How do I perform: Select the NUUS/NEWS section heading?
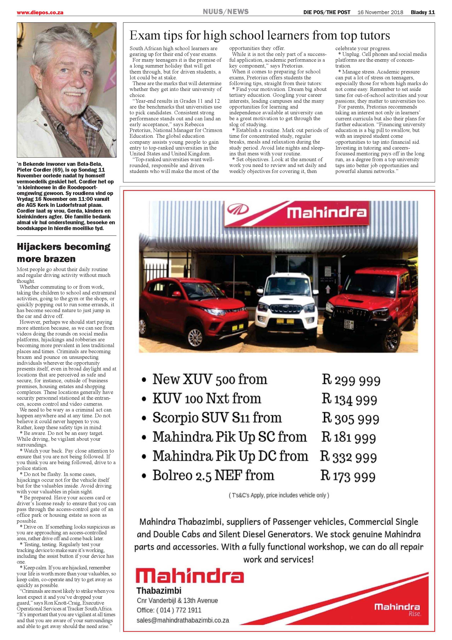(226, 12)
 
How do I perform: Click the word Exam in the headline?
(145, 36)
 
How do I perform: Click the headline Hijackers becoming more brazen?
(64, 252)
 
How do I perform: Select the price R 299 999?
(351, 380)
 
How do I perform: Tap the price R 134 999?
(349, 399)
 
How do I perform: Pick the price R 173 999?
(348, 476)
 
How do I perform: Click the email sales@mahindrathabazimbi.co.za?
(183, 620)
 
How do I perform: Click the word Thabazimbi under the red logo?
(159, 590)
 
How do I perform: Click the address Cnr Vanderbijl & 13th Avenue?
(177, 600)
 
